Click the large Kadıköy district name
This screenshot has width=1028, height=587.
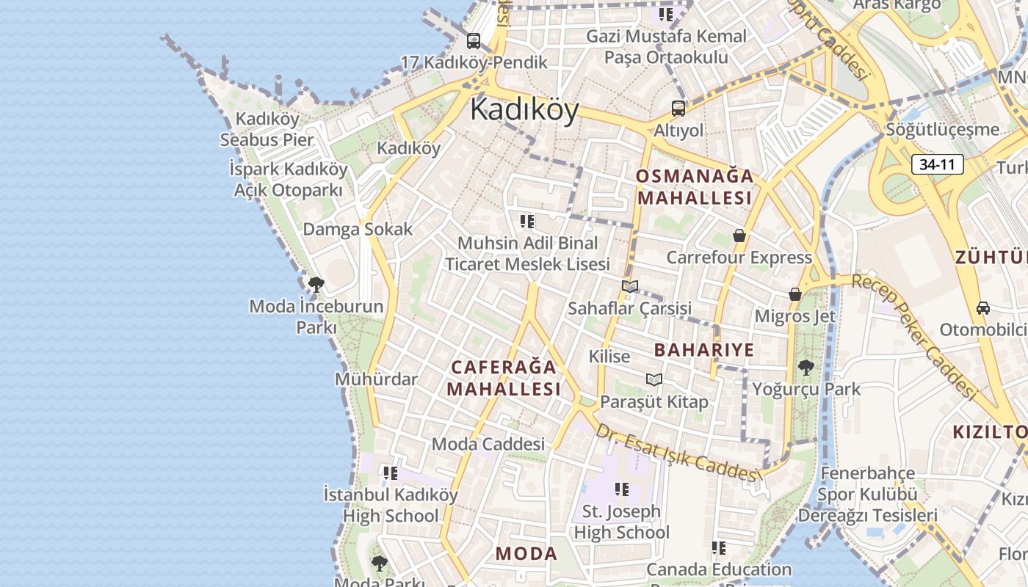click(524, 109)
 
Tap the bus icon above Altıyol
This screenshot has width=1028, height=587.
click(678, 109)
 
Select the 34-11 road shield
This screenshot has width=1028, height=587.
click(937, 164)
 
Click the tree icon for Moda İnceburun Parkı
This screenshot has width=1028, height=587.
click(316, 284)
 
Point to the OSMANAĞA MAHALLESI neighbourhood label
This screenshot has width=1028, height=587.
click(695, 187)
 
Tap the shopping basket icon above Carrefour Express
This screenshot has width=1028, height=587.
click(739, 236)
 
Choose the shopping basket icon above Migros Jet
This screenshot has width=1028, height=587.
click(794, 294)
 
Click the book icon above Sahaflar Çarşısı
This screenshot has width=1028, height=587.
click(629, 286)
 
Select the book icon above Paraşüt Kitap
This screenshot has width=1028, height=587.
click(654, 379)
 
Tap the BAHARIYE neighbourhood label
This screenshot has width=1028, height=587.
click(704, 350)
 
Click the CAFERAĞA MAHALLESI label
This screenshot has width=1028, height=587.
click(504, 378)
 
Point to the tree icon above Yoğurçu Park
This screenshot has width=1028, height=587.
click(806, 367)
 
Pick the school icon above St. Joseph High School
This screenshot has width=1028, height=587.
click(622, 489)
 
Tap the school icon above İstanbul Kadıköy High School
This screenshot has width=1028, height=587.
click(390, 473)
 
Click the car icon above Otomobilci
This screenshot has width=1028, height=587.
click(983, 307)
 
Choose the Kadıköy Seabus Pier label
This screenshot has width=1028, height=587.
click(267, 129)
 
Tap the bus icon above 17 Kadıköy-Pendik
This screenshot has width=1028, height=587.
click(474, 41)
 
